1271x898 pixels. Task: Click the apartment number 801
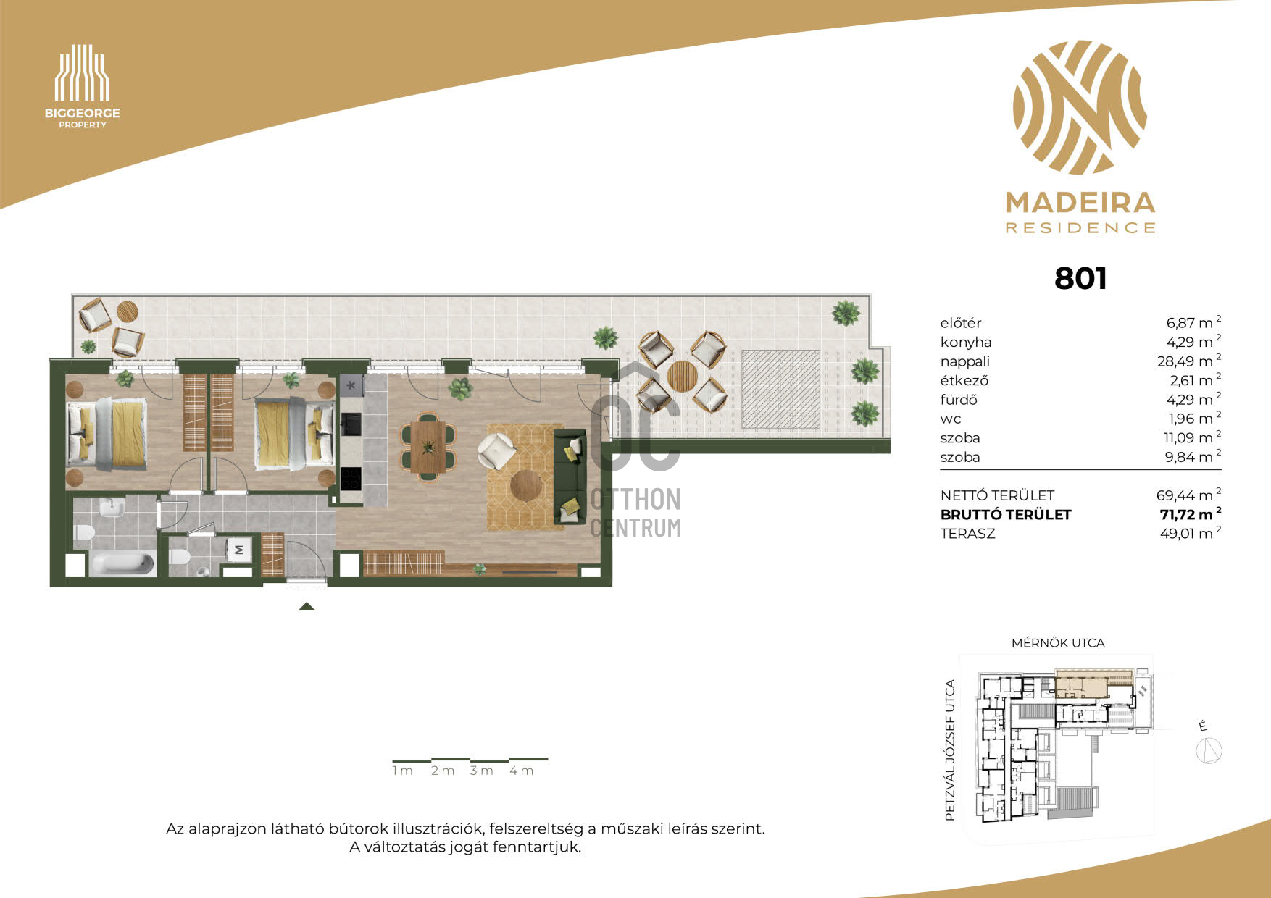pyautogui.click(x=1080, y=278)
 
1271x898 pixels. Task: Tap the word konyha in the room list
pyautogui.click(x=966, y=342)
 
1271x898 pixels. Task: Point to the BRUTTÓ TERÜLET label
pyautogui.click(x=1006, y=514)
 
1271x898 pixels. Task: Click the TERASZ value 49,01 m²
pyautogui.click(x=1191, y=533)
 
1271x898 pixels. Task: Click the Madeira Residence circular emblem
pyautogui.click(x=1080, y=107)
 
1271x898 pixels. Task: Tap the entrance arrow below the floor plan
pyautogui.click(x=307, y=607)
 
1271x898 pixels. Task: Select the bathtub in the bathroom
pyautogui.click(x=122, y=563)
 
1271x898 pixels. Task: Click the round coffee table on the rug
pyautogui.click(x=526, y=486)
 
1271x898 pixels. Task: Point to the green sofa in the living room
pyautogui.click(x=570, y=476)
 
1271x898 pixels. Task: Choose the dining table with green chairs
pyautogui.click(x=428, y=447)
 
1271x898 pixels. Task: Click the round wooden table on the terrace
pyautogui.click(x=682, y=377)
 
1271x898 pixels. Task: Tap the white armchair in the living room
pyautogui.click(x=497, y=450)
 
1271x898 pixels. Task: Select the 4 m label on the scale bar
pyautogui.click(x=521, y=771)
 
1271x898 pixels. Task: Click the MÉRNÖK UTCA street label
pyautogui.click(x=1058, y=642)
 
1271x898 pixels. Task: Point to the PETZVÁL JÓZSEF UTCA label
pyautogui.click(x=950, y=750)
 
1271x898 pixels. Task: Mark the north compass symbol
pyautogui.click(x=1209, y=750)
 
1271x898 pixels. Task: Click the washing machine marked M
pyautogui.click(x=239, y=550)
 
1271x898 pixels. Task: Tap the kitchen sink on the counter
pyautogui.click(x=351, y=424)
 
